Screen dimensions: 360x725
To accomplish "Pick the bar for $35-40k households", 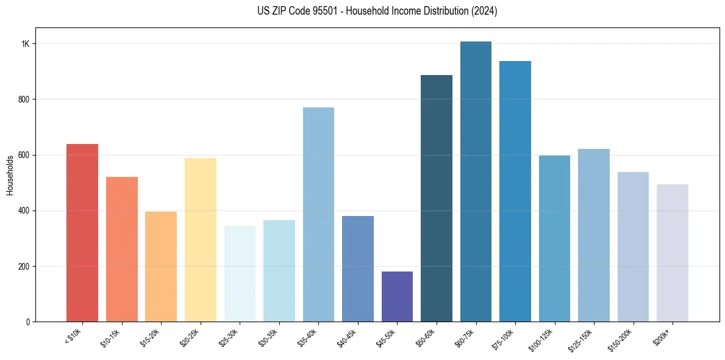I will (x=318, y=214).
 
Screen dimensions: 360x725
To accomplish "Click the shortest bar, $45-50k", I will (x=397, y=297).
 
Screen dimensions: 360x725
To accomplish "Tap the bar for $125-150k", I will (x=594, y=235).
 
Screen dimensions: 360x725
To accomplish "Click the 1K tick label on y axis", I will (x=26, y=44).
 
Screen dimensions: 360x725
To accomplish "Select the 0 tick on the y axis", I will (x=28, y=322).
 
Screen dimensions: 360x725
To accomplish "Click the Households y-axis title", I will (x=10, y=175).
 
